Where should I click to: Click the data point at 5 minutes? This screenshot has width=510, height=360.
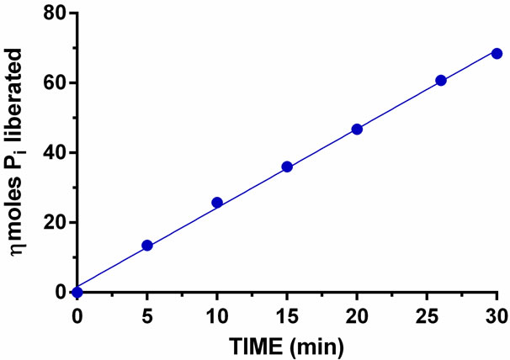coord(147,246)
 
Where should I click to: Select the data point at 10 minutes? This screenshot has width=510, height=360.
coord(217,203)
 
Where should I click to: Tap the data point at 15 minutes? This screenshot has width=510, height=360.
coord(287,167)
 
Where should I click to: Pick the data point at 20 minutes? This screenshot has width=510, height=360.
coord(357,129)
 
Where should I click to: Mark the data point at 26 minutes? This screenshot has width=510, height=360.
coord(441,81)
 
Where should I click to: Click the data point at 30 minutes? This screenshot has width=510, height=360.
coord(497,54)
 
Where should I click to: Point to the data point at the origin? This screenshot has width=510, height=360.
coord(77,292)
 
